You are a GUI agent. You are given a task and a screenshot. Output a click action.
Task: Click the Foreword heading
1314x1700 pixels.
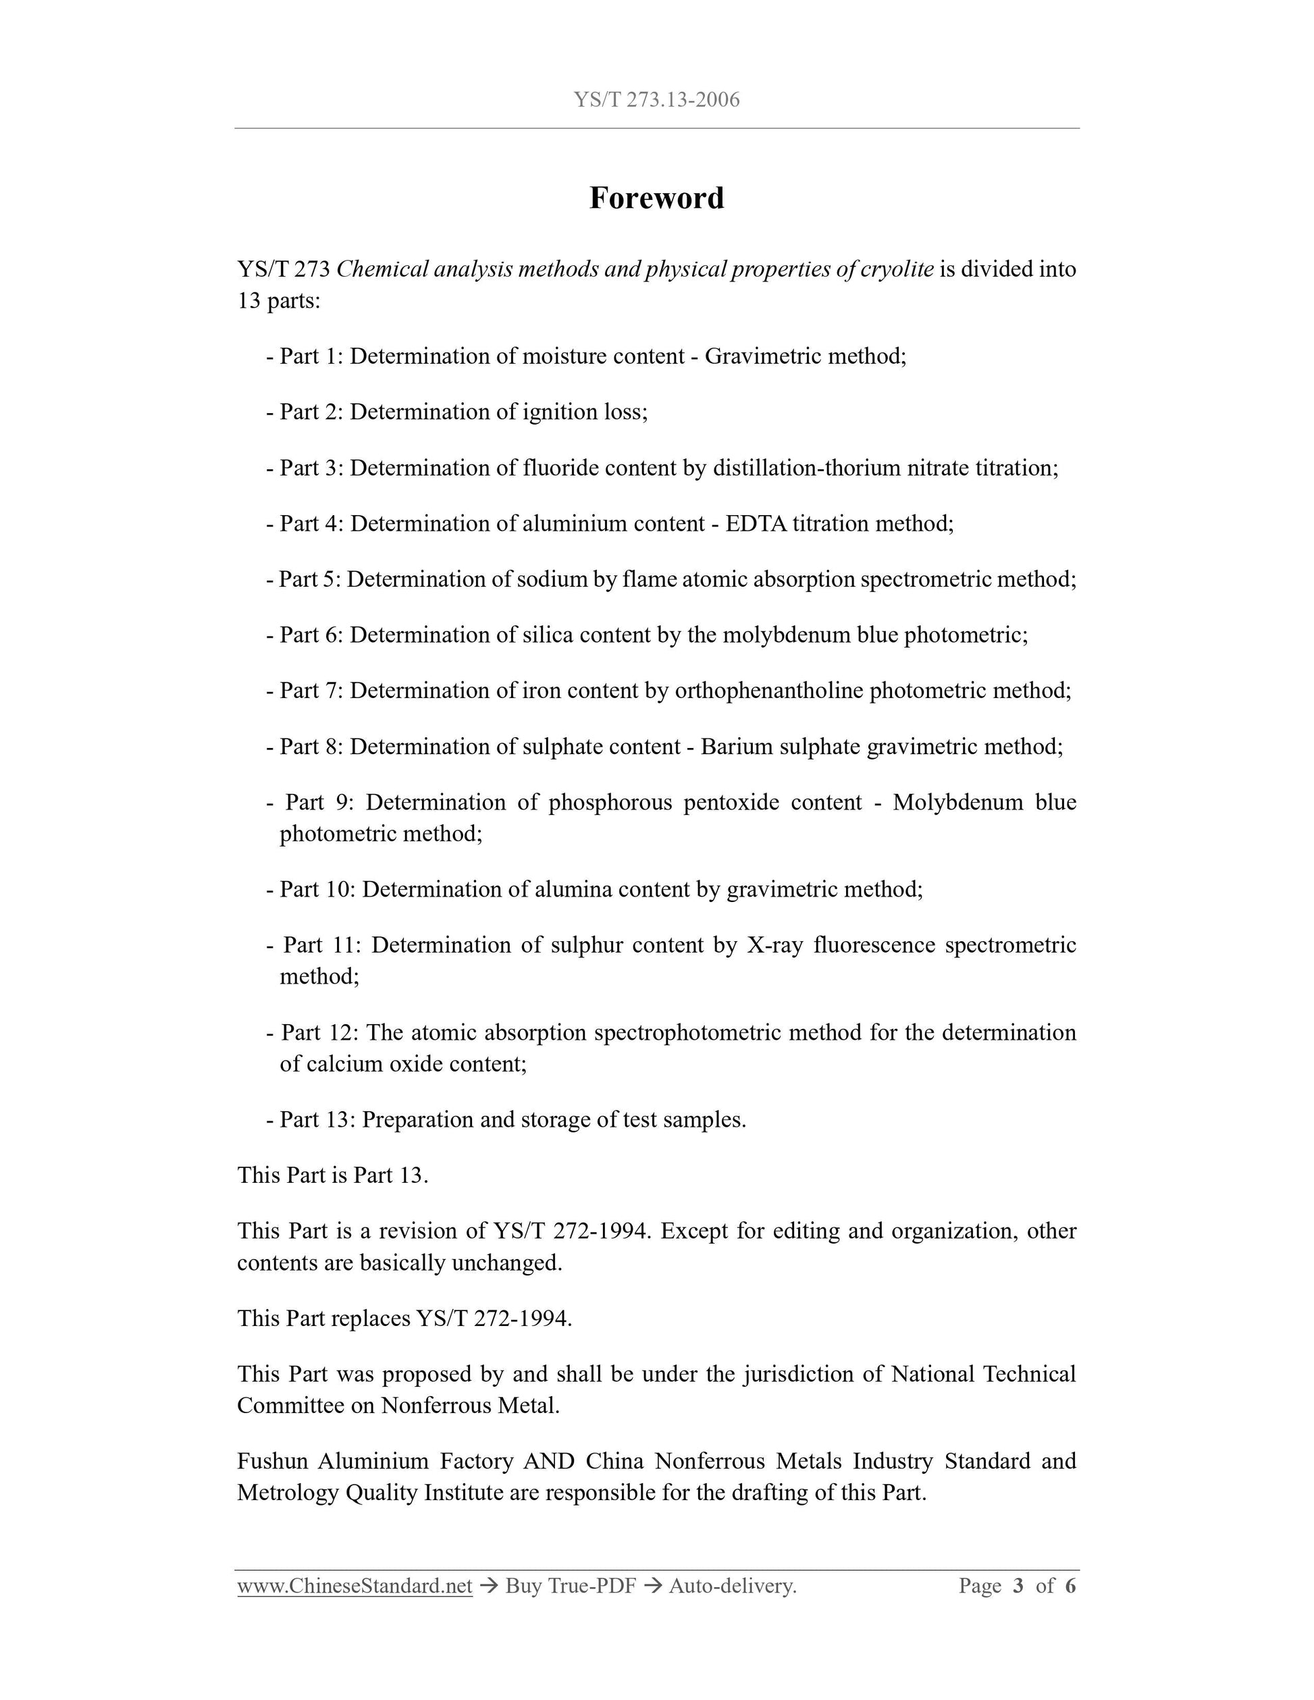pos(656,198)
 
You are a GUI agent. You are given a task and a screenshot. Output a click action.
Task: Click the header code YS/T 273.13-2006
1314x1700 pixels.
pos(656,100)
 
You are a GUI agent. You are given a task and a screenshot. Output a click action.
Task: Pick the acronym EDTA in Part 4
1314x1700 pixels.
pos(756,524)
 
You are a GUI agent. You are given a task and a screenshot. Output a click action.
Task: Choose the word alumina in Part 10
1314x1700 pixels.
pos(572,889)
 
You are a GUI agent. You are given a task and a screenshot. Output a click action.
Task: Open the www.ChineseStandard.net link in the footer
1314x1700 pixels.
pos(355,1586)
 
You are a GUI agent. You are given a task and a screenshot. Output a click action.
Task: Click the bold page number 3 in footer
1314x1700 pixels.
pos(1018,1586)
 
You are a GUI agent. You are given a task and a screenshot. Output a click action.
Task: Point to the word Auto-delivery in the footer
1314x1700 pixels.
pos(733,1586)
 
